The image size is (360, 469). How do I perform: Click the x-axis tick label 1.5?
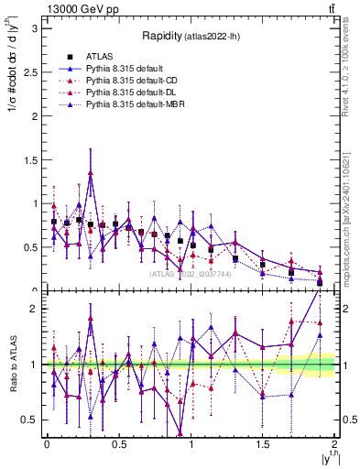tap(263, 444)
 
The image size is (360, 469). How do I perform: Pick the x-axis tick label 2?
tap(336, 444)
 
